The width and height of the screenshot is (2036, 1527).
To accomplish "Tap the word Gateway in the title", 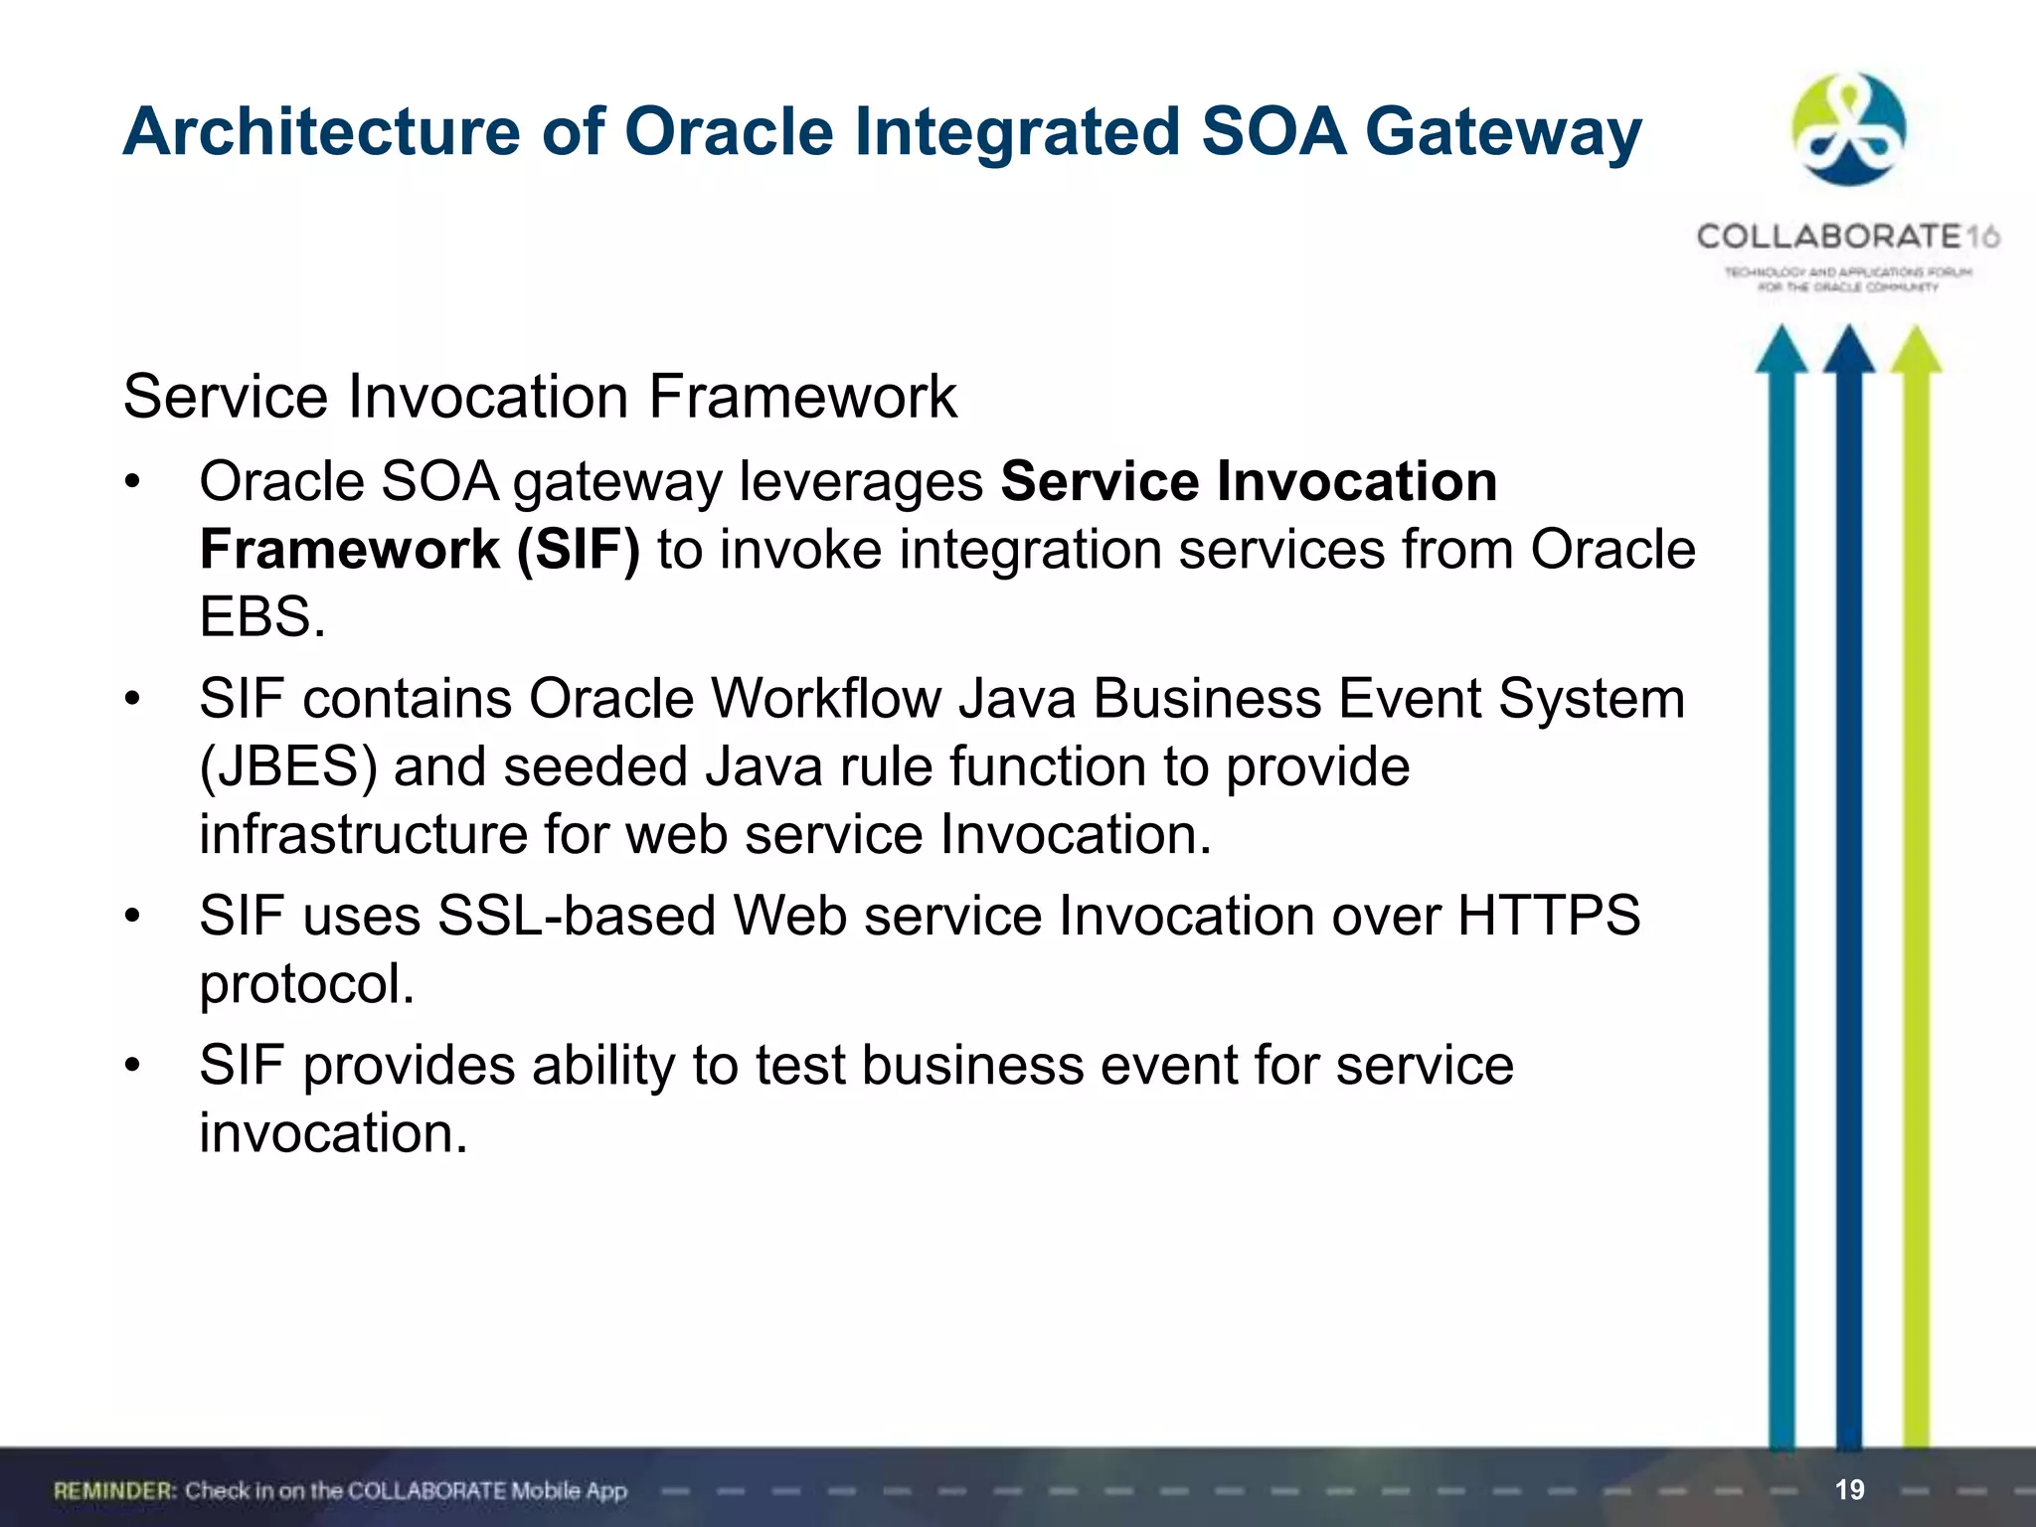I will pyautogui.click(x=1502, y=132).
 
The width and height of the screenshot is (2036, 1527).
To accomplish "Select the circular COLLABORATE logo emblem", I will pyautogui.click(x=1848, y=129).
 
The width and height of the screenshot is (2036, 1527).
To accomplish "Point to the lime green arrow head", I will pyautogui.click(x=1916, y=350).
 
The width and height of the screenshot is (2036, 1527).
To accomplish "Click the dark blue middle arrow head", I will pyautogui.click(x=1848, y=350).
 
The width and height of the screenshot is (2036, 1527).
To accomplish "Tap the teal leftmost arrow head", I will pyautogui.click(x=1781, y=350).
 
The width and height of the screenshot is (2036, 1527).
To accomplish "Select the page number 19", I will pyautogui.click(x=1849, y=1489).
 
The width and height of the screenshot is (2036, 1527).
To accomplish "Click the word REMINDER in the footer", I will pyautogui.click(x=114, y=1490).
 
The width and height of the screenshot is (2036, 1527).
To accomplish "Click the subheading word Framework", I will pyautogui.click(x=802, y=397).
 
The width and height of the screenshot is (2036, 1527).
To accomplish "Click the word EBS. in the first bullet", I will pyautogui.click(x=262, y=616).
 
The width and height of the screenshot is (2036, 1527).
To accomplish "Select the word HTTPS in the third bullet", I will pyautogui.click(x=1548, y=915).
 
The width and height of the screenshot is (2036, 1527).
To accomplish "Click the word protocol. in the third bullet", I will pyautogui.click(x=306, y=983).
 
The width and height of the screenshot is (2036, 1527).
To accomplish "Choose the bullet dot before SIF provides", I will pyautogui.click(x=133, y=1065).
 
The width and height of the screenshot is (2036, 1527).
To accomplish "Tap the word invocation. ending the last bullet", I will pyautogui.click(x=333, y=1132).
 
